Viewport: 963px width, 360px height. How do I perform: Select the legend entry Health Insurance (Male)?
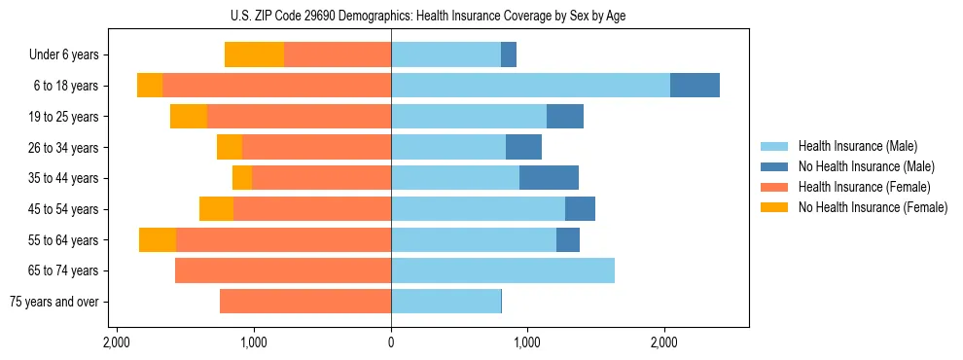(x=857, y=146)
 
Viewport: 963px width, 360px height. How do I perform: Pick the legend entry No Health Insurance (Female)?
(x=873, y=207)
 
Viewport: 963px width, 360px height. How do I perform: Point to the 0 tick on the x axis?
(x=391, y=342)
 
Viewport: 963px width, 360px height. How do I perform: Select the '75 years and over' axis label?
(x=54, y=302)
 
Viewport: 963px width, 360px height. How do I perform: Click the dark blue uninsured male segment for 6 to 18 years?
(x=695, y=86)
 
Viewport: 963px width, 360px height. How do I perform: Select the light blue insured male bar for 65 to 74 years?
(x=503, y=270)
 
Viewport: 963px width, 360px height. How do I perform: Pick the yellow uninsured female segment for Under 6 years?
(x=254, y=55)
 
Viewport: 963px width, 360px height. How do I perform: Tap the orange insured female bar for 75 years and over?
(x=305, y=302)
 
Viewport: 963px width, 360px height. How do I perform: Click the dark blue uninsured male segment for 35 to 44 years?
(x=549, y=178)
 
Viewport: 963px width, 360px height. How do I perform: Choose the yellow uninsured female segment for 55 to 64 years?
(x=158, y=240)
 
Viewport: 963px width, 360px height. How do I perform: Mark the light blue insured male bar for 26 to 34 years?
(x=448, y=148)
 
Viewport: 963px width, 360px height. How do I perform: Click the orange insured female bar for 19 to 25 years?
(x=299, y=117)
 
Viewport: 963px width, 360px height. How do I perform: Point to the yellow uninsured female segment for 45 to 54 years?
(x=216, y=209)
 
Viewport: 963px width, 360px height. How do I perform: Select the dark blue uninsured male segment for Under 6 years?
(x=509, y=55)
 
